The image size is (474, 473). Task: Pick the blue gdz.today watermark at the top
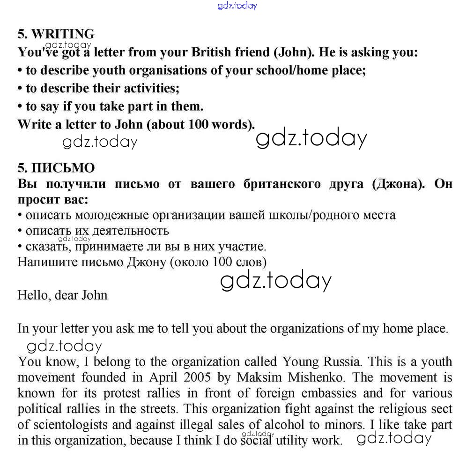tap(237, 6)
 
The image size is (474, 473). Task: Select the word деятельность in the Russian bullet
tap(131, 231)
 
